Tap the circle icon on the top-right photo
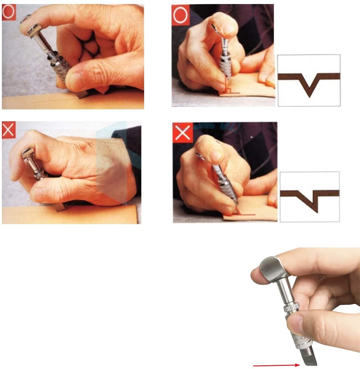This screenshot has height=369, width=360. point(179,14)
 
